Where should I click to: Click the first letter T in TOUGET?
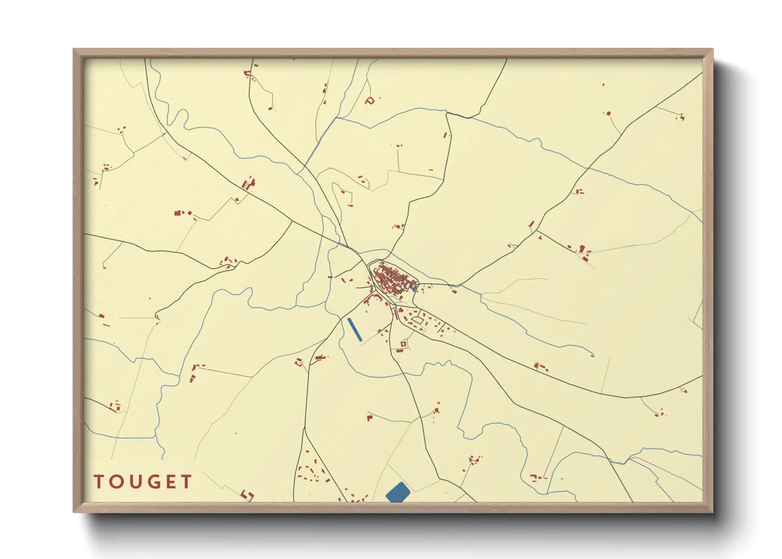(x=99, y=482)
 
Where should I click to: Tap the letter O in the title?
(x=116, y=482)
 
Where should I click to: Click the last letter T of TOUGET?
(x=186, y=482)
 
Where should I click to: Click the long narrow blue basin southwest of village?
(x=355, y=329)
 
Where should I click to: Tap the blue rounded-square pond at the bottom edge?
(x=398, y=492)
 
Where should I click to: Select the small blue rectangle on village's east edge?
(x=415, y=288)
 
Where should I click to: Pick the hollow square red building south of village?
(x=404, y=344)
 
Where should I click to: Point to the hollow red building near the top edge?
(x=370, y=100)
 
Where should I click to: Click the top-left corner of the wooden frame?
(x=74, y=50)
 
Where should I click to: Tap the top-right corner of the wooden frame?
(x=712, y=50)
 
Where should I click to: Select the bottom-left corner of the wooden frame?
(x=74, y=511)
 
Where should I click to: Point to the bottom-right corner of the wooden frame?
(x=712, y=511)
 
